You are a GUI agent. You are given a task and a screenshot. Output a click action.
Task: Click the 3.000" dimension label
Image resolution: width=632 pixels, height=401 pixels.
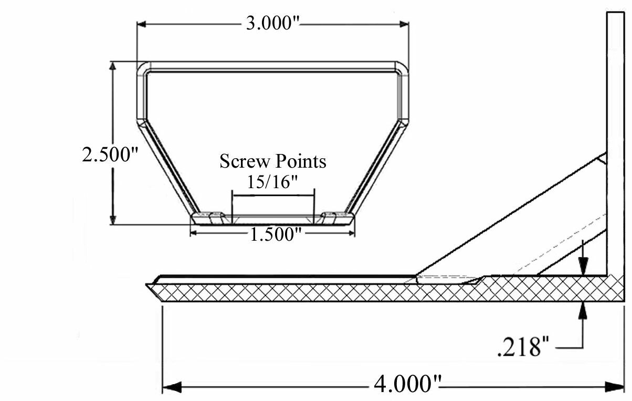(272, 24)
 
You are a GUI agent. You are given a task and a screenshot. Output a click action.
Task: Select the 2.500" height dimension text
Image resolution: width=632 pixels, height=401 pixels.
(110, 155)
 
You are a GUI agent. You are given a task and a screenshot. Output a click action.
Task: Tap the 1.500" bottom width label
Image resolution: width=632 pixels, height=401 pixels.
(272, 234)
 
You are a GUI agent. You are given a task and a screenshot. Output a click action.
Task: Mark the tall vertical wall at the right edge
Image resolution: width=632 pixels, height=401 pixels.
(615, 131)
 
